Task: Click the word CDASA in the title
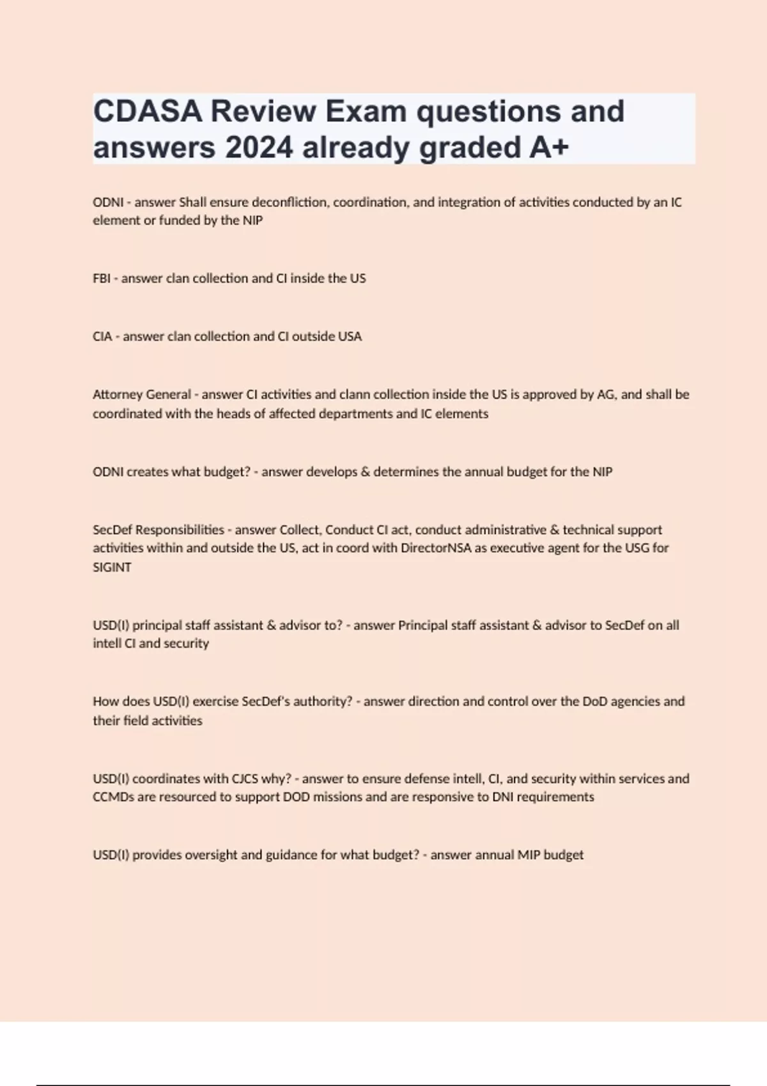pos(148,111)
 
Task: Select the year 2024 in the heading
pos(258,148)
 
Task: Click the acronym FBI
pos(101,279)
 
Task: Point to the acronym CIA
pos(102,337)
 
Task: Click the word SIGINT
pos(112,567)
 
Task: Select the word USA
pos(350,337)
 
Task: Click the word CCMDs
pos(112,797)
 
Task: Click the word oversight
pos(211,855)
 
